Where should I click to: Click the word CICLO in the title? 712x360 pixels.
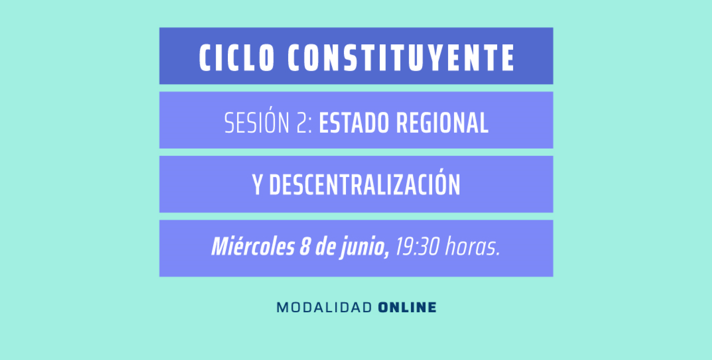coord(237,58)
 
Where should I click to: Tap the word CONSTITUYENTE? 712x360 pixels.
coord(401,58)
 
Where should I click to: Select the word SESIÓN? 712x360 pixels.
coord(257,123)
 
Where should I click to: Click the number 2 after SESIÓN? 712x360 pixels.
coord(302,123)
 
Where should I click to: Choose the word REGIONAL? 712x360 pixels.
coord(442,123)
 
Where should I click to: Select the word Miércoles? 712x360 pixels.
coord(253,247)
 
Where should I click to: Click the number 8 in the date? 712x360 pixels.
coord(304,247)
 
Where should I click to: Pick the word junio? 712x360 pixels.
coord(362,247)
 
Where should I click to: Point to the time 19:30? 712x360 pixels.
coord(417,247)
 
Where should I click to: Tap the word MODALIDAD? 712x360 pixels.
coord(324,308)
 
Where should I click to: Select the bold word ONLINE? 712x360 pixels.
coord(407,308)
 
